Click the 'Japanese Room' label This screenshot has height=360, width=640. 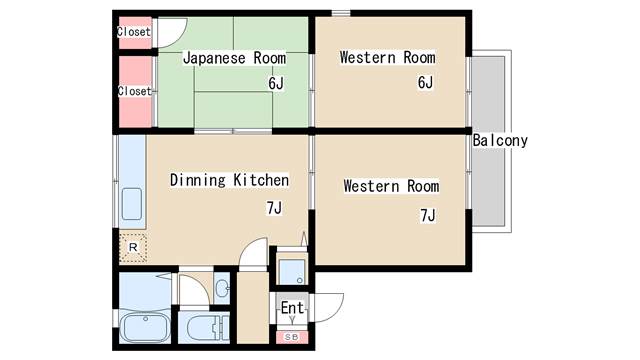pyautogui.click(x=234, y=58)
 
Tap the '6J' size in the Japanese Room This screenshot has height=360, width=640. pyautogui.click(x=276, y=83)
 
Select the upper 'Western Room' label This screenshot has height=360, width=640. pyautogui.click(x=386, y=58)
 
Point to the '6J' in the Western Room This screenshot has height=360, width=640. pyautogui.click(x=424, y=83)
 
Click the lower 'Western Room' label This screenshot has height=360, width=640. pyautogui.click(x=391, y=186)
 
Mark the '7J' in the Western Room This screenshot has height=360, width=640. pyautogui.click(x=428, y=213)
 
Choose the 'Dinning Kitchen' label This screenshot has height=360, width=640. pyautogui.click(x=229, y=180)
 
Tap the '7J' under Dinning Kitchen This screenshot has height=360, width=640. pyautogui.click(x=273, y=208)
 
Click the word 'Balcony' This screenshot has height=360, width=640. pyautogui.click(x=500, y=141)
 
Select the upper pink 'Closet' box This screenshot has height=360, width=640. pyautogui.click(x=134, y=32)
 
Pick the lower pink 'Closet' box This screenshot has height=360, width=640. pyautogui.click(x=134, y=91)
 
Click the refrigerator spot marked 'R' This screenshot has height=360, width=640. pyautogui.click(x=133, y=246)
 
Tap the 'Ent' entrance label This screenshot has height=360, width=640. pyautogui.click(x=292, y=308)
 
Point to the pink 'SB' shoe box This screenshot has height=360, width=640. pyautogui.click(x=292, y=337)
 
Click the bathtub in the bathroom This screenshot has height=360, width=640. pyautogui.click(x=145, y=328)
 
